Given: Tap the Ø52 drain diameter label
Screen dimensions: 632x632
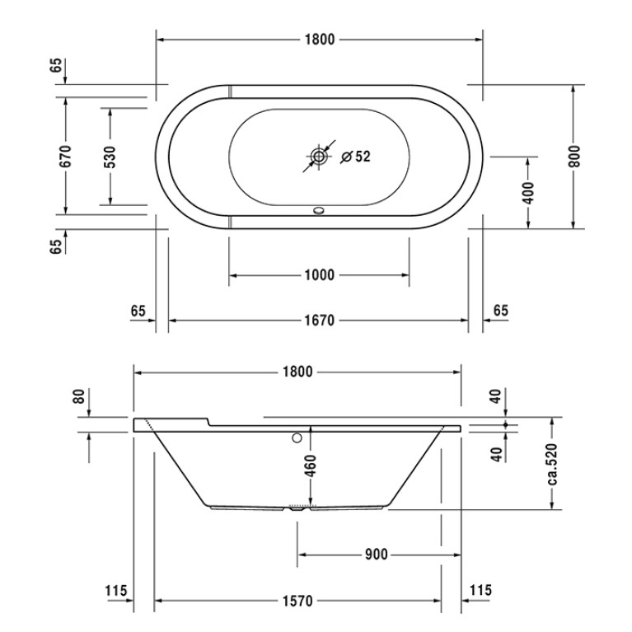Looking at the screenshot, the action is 355,157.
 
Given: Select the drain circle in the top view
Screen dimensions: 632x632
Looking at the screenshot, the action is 319,157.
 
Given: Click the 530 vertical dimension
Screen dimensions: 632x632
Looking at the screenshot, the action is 110,157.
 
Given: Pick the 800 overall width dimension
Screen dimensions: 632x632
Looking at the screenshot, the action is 575,157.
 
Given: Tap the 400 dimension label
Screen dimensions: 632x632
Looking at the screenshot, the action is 529,193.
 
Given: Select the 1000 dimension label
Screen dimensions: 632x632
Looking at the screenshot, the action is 320,275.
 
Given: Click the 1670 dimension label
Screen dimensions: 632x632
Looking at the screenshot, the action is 320,321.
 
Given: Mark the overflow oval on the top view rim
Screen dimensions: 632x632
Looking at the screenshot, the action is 319,210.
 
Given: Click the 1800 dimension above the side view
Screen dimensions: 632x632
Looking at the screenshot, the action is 297,372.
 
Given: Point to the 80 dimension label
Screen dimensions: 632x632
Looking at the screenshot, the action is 79,396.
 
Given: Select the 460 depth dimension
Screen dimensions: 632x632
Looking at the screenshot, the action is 311,466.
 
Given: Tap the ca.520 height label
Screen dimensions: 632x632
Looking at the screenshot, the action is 552,464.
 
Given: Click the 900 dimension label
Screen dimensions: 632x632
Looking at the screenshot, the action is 376,555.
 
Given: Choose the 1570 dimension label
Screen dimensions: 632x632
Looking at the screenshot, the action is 297,601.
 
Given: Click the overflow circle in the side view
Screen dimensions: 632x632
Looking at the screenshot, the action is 297,438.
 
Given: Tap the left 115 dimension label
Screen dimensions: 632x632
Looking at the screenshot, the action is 116,591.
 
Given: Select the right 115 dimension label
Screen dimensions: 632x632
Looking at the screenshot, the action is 481,590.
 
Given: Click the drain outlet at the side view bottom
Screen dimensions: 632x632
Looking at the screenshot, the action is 297,509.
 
